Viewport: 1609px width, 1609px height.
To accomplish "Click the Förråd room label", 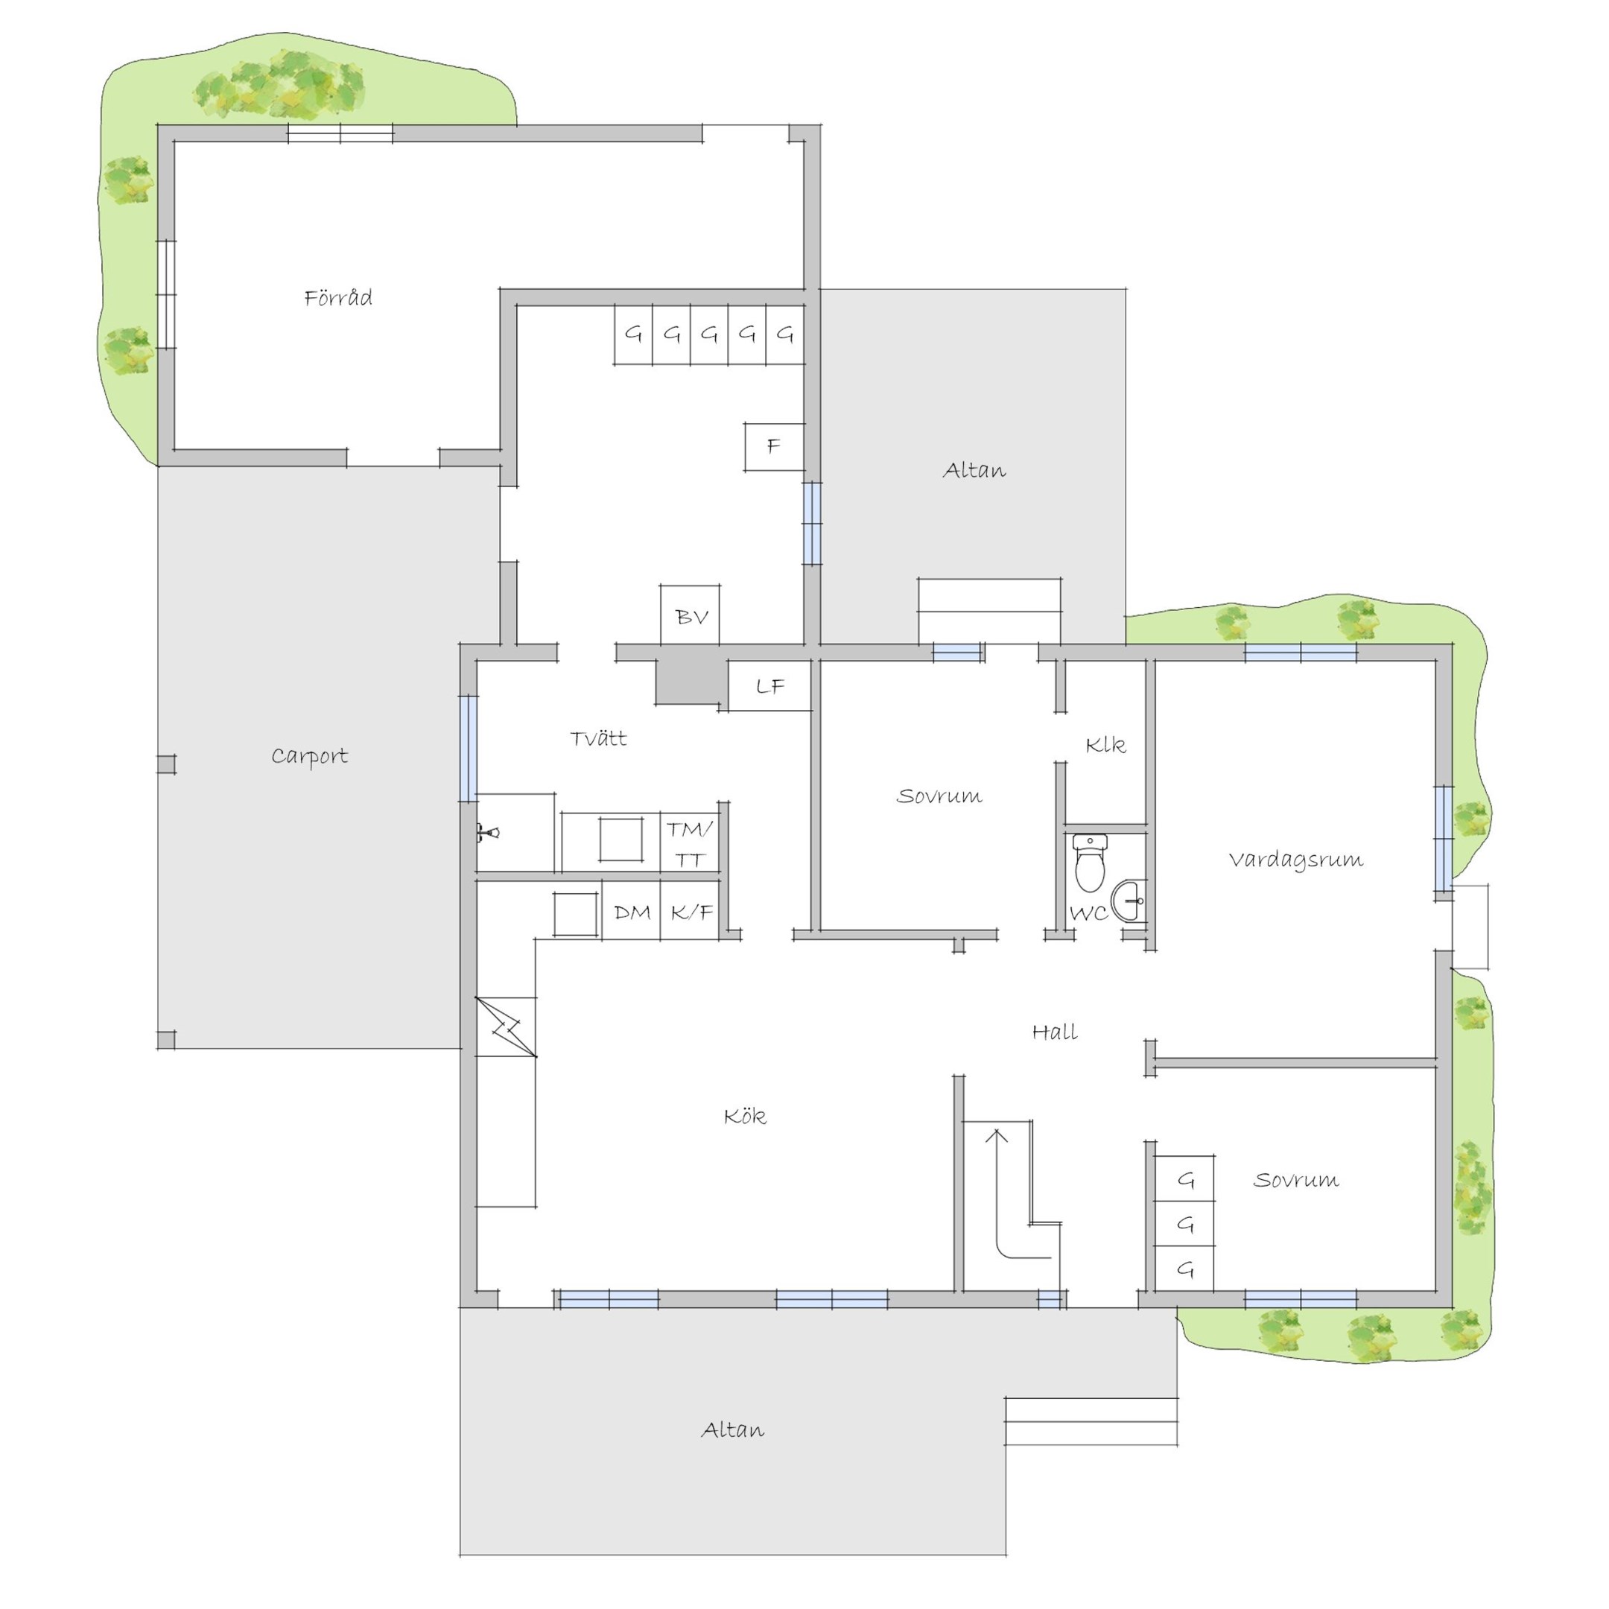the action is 338,298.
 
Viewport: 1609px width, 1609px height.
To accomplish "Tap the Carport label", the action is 310,756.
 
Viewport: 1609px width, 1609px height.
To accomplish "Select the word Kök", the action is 746,1116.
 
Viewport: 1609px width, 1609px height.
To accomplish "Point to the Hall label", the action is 1056,1032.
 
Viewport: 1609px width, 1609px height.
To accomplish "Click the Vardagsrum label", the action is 1296,860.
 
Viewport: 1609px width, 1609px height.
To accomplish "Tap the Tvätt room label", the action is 599,738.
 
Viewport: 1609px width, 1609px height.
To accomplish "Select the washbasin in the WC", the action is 1129,901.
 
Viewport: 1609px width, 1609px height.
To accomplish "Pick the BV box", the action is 691,615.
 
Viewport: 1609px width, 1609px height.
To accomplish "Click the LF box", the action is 770,686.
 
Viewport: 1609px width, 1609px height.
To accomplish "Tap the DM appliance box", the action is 631,912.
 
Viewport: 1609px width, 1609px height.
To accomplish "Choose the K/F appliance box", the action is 691,912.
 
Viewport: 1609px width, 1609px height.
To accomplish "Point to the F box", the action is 775,447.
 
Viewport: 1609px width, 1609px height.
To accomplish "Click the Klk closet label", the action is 1106,745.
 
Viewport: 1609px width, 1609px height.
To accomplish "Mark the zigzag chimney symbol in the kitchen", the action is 506,1028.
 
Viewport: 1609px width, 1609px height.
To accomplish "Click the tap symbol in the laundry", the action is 487,831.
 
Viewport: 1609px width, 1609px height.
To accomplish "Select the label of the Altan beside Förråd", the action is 974,471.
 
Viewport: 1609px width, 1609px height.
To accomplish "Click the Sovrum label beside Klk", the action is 939,796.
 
